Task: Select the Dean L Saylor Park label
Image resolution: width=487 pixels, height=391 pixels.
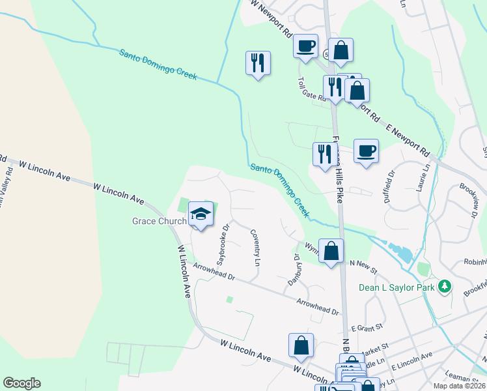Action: [397, 287]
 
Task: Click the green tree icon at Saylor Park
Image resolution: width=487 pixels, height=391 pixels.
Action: [445, 286]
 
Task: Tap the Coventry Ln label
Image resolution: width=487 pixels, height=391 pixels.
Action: [256, 248]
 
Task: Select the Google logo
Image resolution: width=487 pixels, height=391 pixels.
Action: [21, 383]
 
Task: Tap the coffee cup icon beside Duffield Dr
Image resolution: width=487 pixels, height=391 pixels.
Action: [365, 151]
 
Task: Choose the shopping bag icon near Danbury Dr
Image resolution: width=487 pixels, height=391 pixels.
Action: [331, 250]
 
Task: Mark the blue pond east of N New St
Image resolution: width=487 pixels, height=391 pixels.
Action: [399, 251]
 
